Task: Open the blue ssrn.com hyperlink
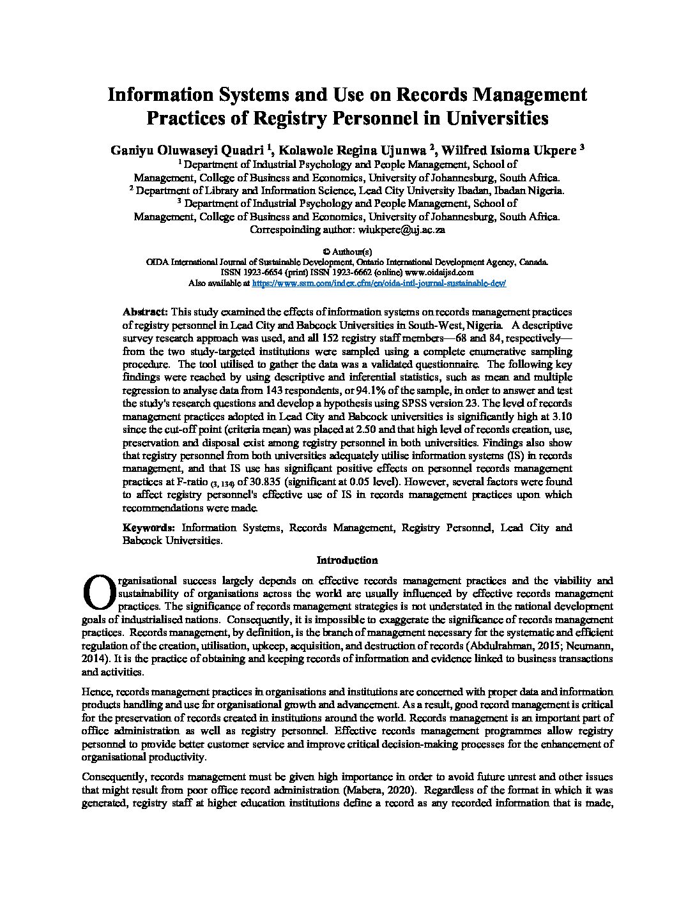point(379,282)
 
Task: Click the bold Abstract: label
point(145,312)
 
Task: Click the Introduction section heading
point(347,561)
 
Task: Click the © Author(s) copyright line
point(347,252)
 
